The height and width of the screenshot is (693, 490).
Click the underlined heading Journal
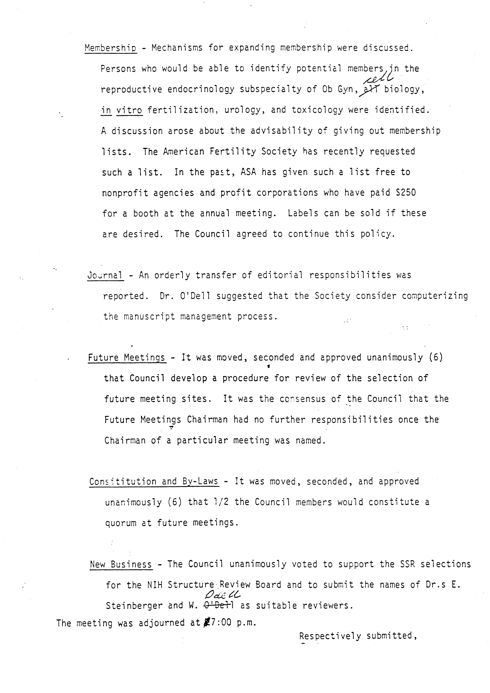pyautogui.click(x=105, y=275)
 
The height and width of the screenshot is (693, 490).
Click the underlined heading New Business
pyautogui.click(x=121, y=564)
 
